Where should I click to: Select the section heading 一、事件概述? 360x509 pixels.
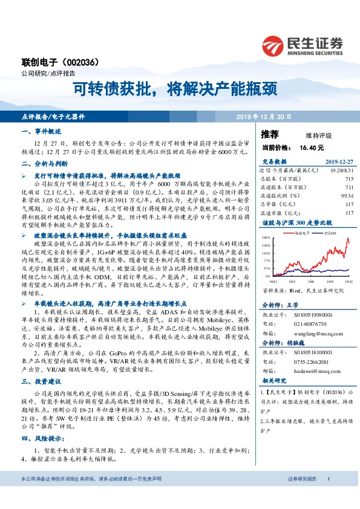[41, 131]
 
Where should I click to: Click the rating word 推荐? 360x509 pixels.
[270, 134]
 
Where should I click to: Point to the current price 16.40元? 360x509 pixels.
[311, 147]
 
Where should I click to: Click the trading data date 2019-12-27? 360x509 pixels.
[338, 162]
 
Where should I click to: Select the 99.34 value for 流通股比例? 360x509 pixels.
[346, 196]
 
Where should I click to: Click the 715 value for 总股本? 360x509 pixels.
[349, 179]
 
